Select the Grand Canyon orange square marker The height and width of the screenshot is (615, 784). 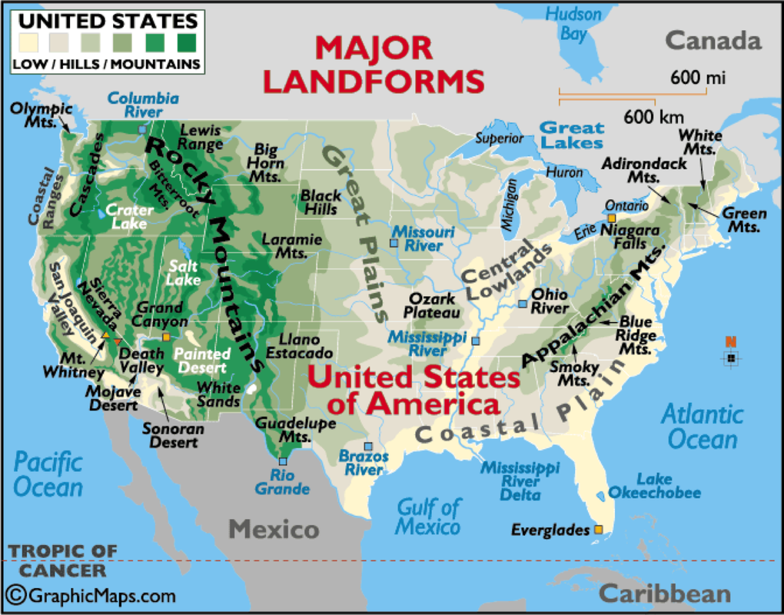pyautogui.click(x=165, y=337)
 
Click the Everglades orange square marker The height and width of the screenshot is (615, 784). pyautogui.click(x=598, y=530)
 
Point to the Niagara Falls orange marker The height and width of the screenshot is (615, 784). pyautogui.click(x=612, y=218)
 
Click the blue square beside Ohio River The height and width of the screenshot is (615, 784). pyautogui.click(x=523, y=304)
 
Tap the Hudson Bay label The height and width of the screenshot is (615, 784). pyautogui.click(x=573, y=23)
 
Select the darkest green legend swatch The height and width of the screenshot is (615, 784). pyautogui.click(x=185, y=41)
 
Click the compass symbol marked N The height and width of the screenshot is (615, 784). pyautogui.click(x=731, y=356)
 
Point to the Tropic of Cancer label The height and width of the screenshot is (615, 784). pyautogui.click(x=63, y=560)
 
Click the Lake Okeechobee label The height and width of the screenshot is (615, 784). pyautogui.click(x=654, y=486)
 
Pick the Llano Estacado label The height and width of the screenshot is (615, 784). pyautogui.click(x=300, y=346)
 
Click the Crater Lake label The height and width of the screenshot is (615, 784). pyautogui.click(x=128, y=216)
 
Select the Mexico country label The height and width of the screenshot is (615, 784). pyautogui.click(x=274, y=529)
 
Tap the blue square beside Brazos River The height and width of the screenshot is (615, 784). pyautogui.click(x=367, y=447)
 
